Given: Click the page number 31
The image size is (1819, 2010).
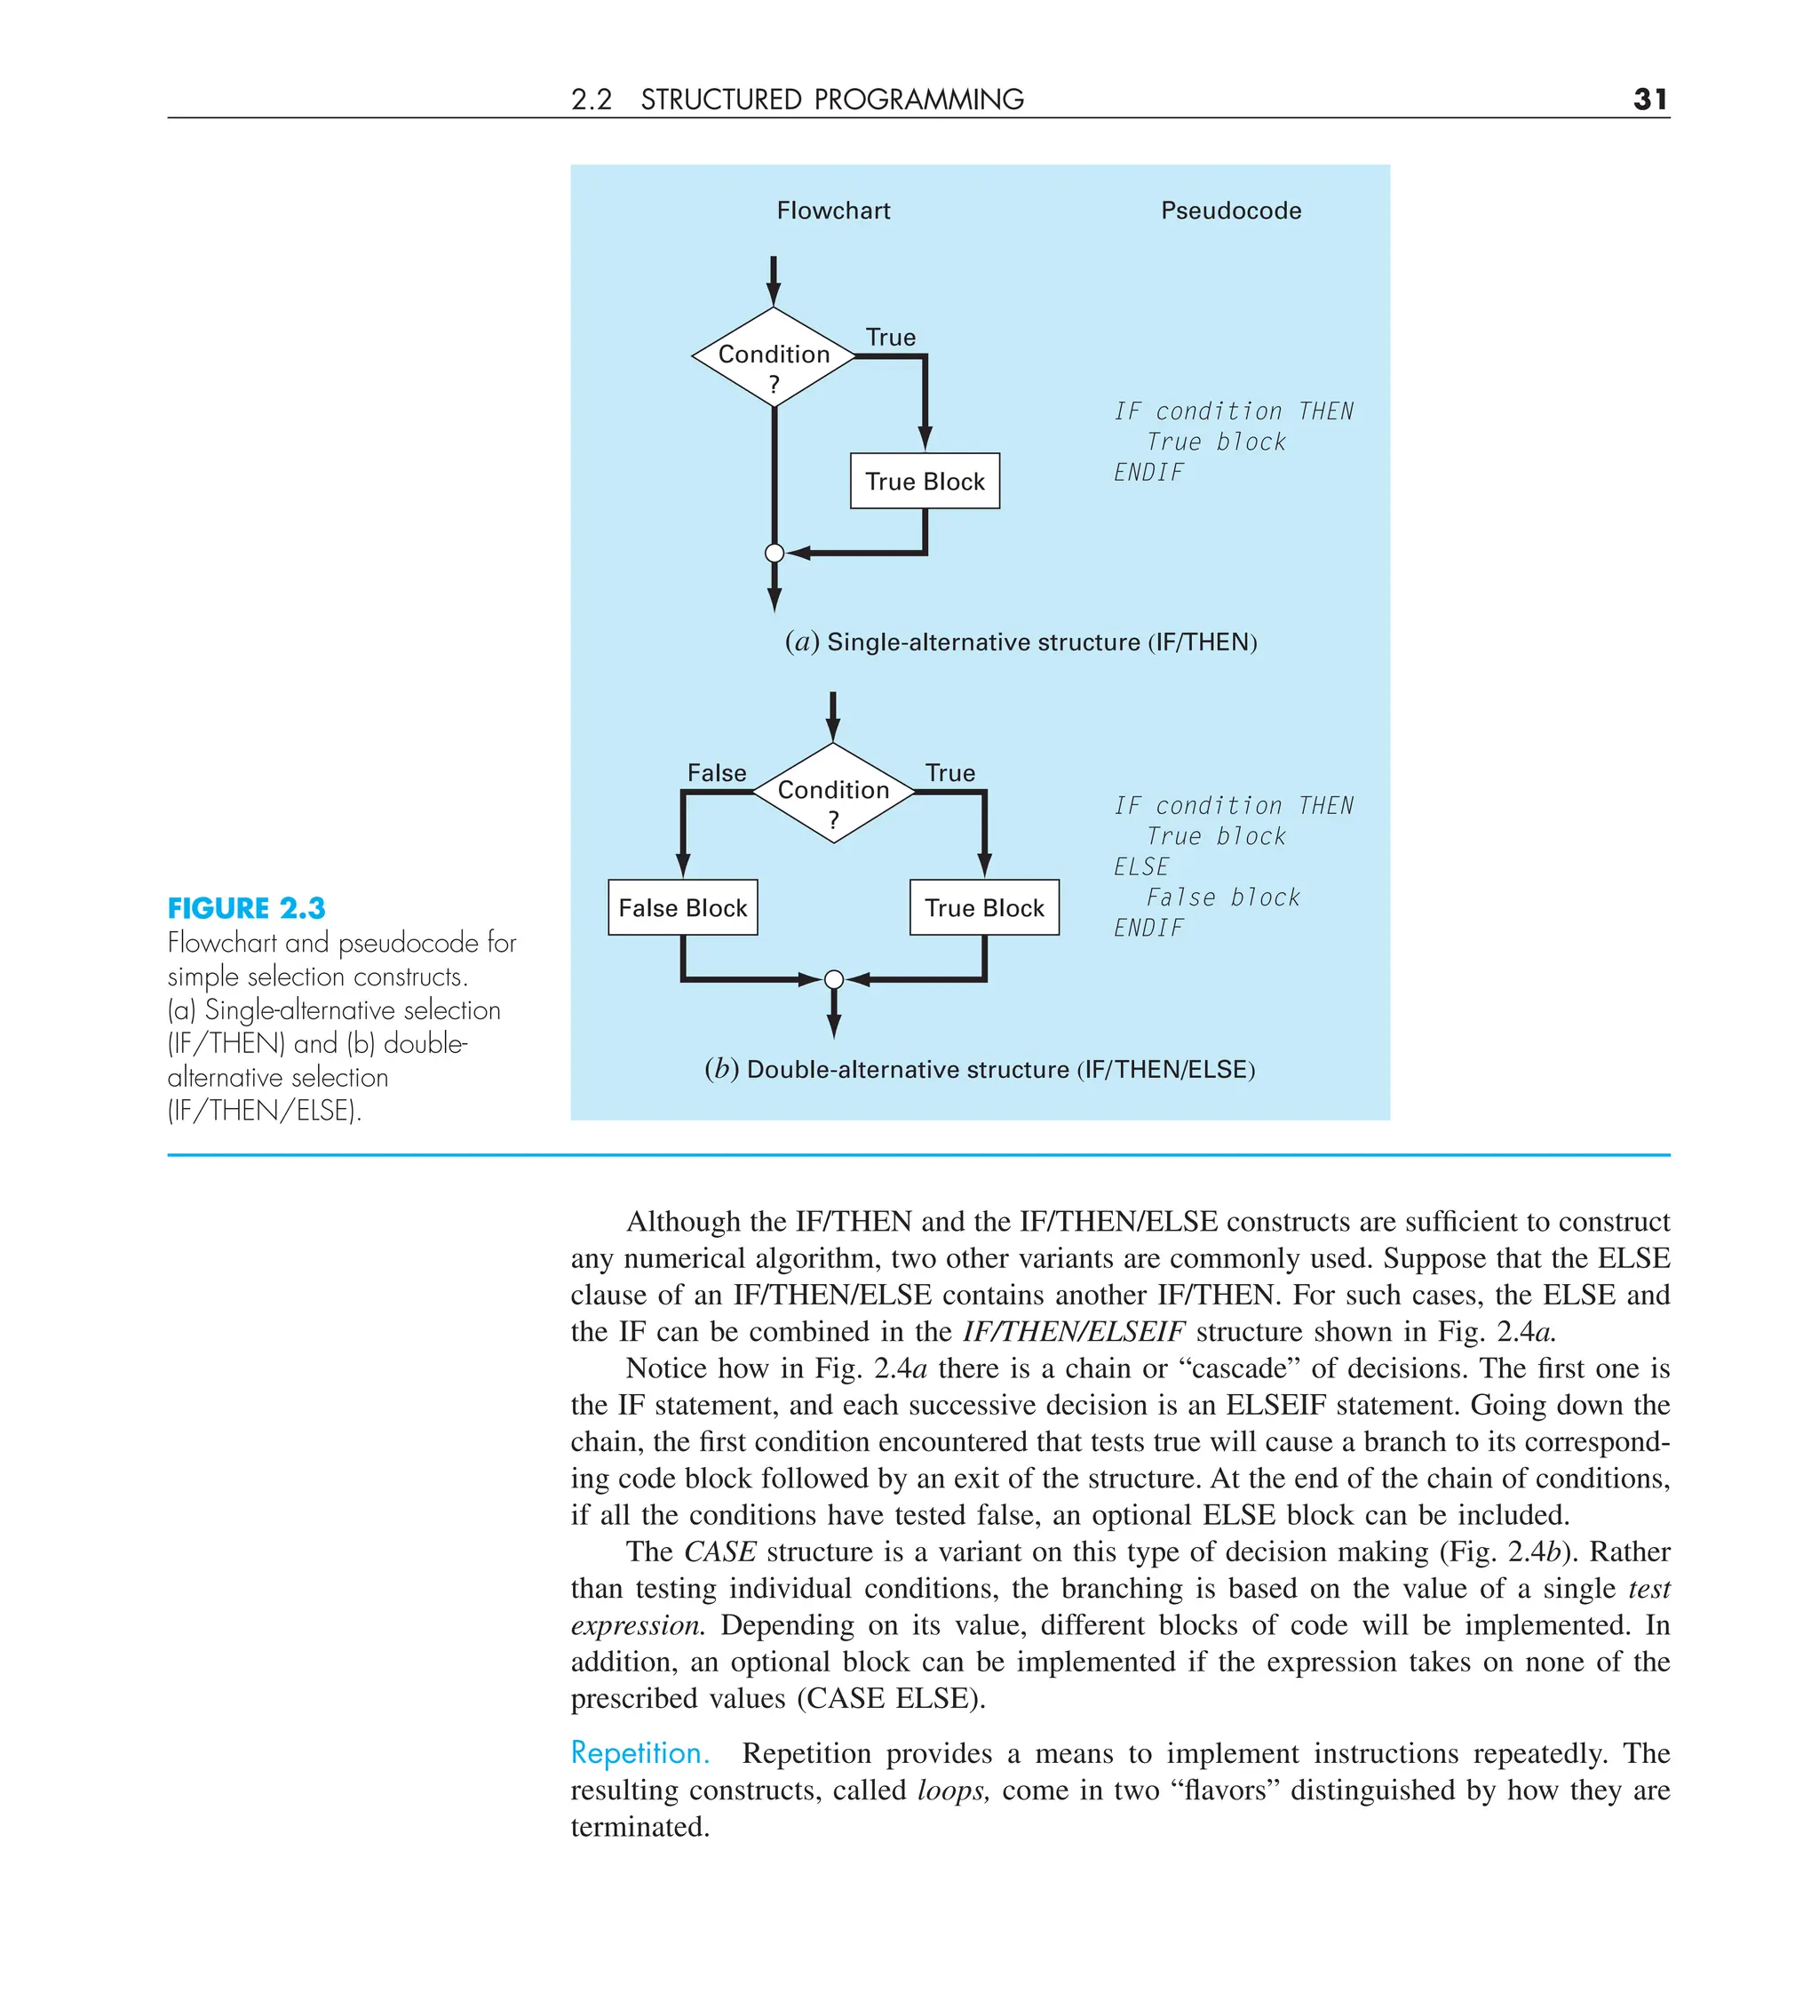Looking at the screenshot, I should point(1649,99).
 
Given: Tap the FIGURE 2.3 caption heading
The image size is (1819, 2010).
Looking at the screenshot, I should point(246,908).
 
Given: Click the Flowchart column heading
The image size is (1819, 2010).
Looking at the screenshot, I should point(833,211).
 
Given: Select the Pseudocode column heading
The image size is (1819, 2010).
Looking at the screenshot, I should point(1230,211).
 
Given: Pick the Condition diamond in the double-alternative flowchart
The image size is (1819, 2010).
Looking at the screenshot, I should point(833,793).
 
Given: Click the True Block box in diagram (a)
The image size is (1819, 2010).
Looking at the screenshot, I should point(924,482).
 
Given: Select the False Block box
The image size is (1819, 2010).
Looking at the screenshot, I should point(683,907).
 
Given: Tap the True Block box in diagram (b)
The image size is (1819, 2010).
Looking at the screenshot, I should point(984,907).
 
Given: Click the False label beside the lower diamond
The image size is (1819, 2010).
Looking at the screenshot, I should point(717,773).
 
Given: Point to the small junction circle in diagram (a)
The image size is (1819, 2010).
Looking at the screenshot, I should point(774,554).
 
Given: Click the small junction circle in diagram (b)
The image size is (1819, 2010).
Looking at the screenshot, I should point(834,980).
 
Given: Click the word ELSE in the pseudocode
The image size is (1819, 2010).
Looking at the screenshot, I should point(1141,866).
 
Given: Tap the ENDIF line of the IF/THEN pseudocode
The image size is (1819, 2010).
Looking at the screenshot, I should point(1148,473).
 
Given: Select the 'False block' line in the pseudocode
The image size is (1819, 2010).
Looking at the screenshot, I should point(1222,897).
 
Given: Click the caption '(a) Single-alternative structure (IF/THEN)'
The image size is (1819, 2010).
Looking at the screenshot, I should point(1021,642).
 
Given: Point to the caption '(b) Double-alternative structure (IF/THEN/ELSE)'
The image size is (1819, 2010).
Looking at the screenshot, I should point(979,1070).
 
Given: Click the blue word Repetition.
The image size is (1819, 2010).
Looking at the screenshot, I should point(639,1753).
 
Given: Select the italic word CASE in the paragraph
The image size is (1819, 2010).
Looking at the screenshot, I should point(719,1551).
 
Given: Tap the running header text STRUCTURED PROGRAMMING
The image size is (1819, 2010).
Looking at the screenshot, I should point(831,100).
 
